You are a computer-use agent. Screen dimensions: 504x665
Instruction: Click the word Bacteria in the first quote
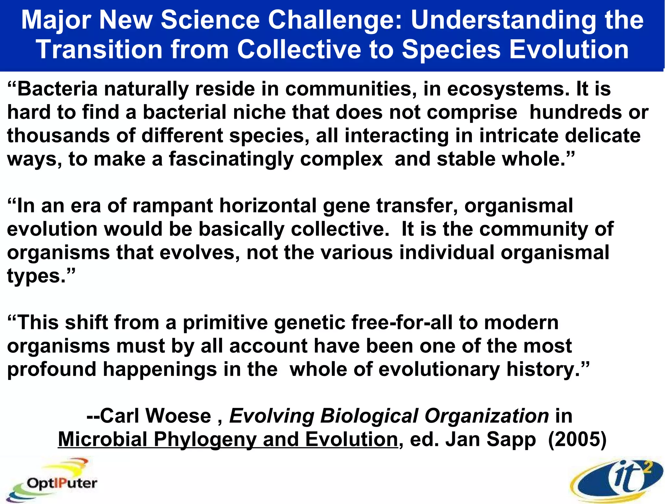(x=57, y=89)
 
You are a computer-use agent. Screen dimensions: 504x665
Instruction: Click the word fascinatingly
(x=231, y=160)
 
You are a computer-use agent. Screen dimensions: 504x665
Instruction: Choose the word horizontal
(x=268, y=206)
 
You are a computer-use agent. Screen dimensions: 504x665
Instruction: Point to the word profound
(x=52, y=370)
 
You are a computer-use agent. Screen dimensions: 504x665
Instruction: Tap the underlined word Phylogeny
(x=205, y=439)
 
